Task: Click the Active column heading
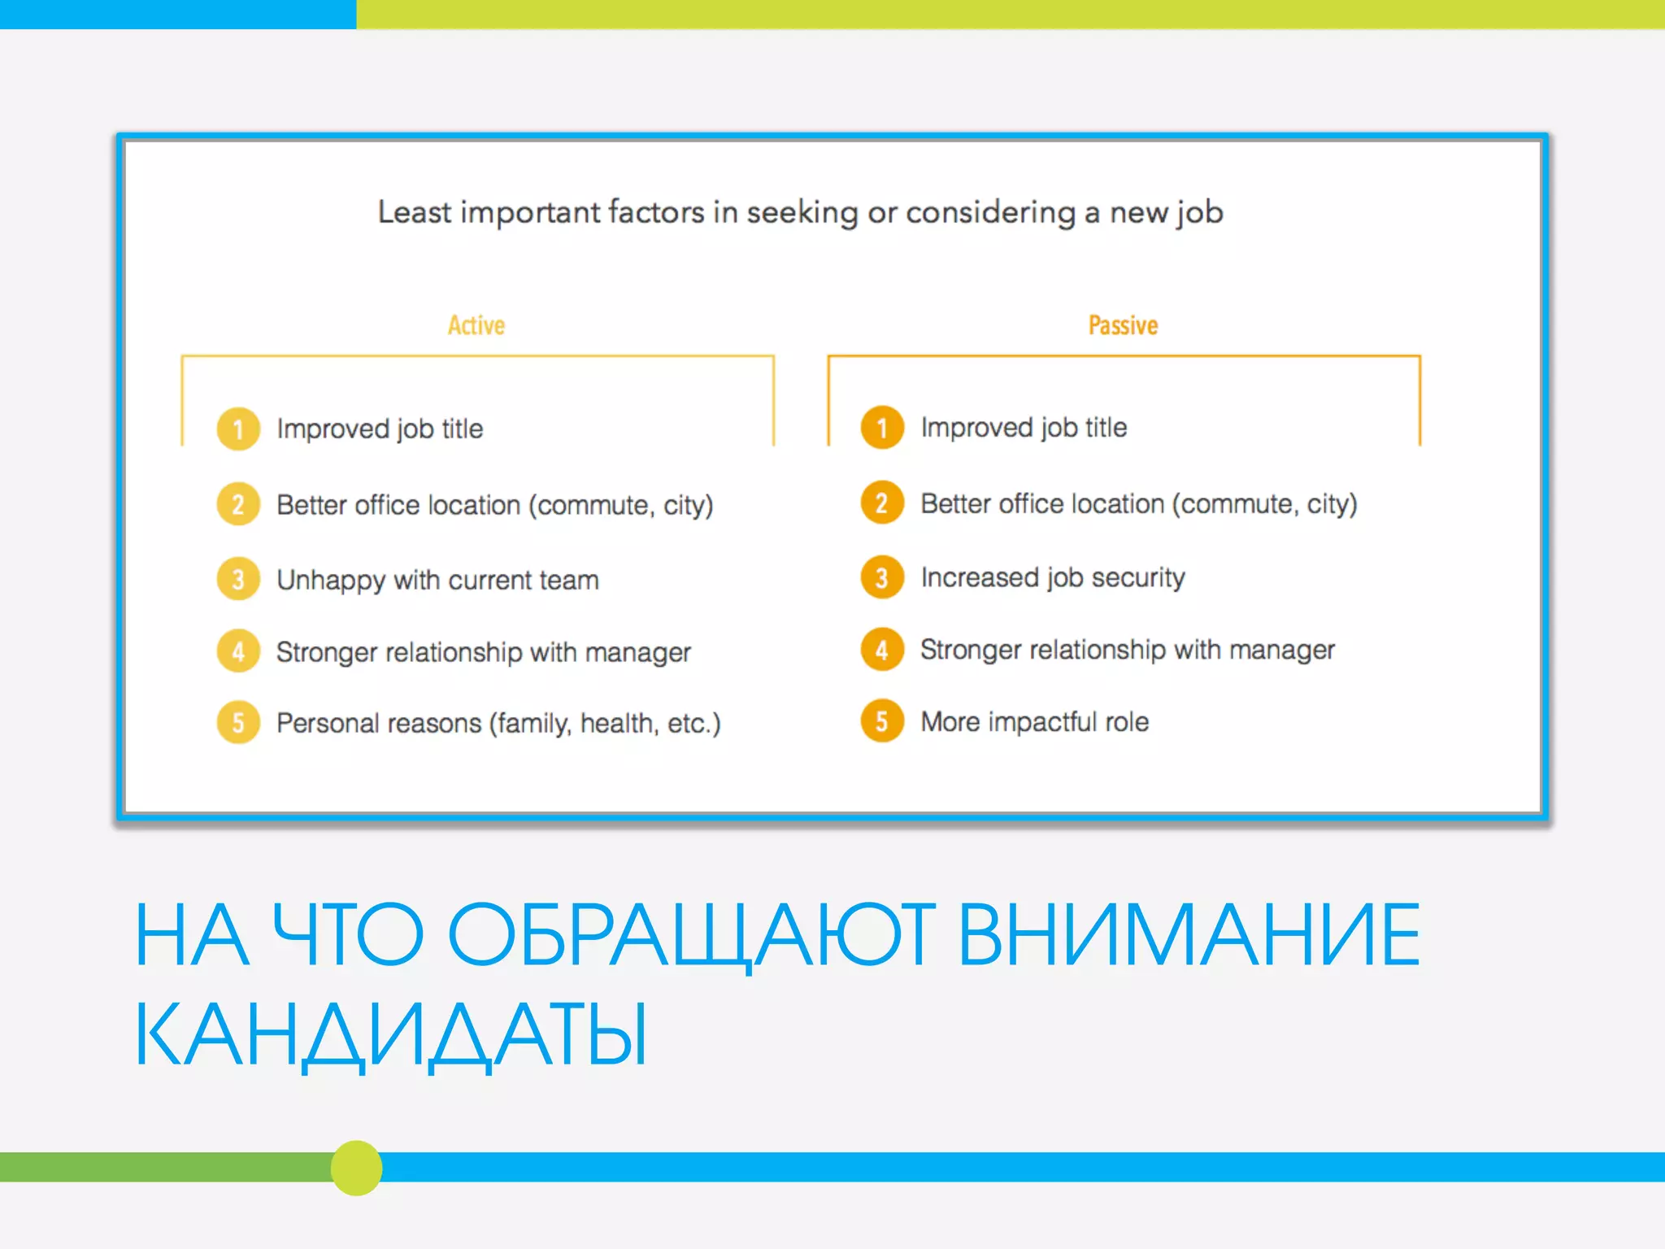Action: click(476, 325)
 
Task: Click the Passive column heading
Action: click(1123, 325)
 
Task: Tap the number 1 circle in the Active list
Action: click(238, 429)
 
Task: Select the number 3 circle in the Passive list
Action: click(882, 577)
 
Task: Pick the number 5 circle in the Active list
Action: click(238, 722)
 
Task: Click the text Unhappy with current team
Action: click(437, 580)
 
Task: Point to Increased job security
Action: click(1052, 577)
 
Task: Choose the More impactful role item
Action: click(1034, 721)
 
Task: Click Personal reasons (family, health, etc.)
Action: click(498, 723)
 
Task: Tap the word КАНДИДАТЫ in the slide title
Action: click(390, 1034)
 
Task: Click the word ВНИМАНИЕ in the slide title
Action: click(1189, 934)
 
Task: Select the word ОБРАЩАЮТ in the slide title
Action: click(691, 934)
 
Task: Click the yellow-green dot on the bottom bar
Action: click(356, 1168)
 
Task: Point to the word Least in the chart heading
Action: click(414, 212)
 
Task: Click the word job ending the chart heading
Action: click(1198, 213)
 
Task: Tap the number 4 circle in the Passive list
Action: click(882, 650)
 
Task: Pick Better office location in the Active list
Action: click(494, 505)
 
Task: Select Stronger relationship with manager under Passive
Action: click(1127, 650)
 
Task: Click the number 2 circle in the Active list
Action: click(238, 504)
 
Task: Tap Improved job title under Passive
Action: click(1024, 428)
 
